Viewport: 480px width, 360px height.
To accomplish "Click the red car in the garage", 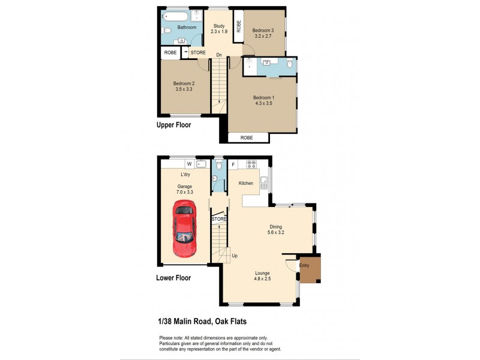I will pos(184,228).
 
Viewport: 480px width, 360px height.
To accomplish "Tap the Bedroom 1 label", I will pos(263,98).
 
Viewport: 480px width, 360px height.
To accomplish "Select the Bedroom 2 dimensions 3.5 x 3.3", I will pos(184,89).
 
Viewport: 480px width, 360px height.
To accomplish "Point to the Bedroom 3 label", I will pos(263,31).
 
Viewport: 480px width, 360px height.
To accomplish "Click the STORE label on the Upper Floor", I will pos(199,53).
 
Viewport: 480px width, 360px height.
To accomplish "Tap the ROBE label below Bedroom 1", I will pos(247,137).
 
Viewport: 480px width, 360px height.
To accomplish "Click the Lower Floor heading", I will pos(173,278).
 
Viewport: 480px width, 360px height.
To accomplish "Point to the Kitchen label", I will pos(246,183).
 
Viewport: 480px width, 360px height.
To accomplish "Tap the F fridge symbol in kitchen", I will pos(233,164).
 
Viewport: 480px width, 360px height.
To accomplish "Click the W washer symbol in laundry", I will pos(189,163).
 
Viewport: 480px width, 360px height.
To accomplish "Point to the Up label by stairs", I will pos(235,256).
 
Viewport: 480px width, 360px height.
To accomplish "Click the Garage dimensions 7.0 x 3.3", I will pos(185,192).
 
